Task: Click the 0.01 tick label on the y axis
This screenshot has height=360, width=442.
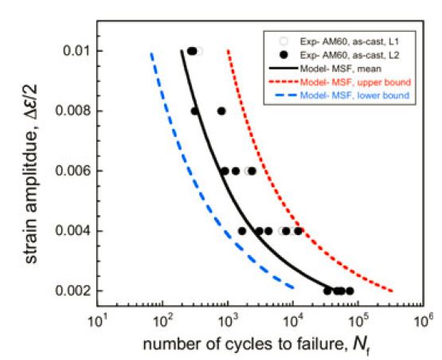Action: coord(75,51)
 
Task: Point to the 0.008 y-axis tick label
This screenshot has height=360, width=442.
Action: coord(72,111)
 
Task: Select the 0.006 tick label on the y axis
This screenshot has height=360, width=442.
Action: coord(72,170)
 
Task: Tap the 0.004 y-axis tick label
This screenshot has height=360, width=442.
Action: coord(72,231)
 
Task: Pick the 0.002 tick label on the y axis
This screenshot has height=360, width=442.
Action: coord(72,291)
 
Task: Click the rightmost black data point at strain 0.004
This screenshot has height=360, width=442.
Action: coord(299,231)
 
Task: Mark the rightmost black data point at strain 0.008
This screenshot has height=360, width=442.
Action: coord(221,111)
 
